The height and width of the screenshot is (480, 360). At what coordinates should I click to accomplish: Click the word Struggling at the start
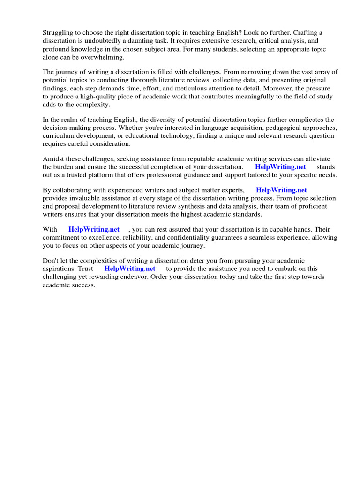point(59,33)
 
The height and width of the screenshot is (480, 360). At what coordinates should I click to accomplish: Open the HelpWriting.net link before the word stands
point(280,167)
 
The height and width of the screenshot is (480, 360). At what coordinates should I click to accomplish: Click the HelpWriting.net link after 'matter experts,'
point(281,190)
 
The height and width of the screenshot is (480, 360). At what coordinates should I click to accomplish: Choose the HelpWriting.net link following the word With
point(94,230)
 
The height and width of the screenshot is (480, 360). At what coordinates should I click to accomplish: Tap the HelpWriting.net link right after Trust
point(129,269)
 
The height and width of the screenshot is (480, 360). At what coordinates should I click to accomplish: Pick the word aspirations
point(60,269)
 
